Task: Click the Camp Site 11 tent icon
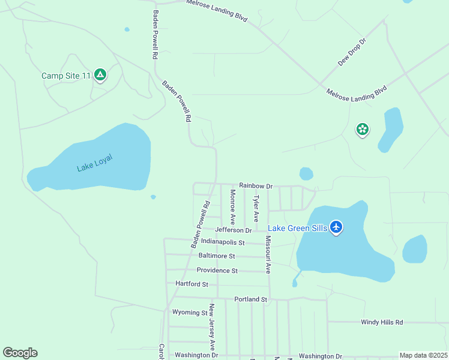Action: click(100, 75)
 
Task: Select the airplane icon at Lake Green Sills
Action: click(336, 227)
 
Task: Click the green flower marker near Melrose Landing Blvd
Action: click(362, 129)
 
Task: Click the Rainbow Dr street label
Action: click(256, 186)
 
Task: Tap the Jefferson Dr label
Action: click(234, 230)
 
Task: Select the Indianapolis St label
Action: click(223, 242)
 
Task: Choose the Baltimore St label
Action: click(217, 256)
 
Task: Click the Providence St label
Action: click(217, 271)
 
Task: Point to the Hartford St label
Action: click(191, 284)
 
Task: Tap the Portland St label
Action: click(250, 299)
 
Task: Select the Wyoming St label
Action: click(190, 313)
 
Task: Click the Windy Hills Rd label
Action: click(382, 322)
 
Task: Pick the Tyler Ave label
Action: click(256, 208)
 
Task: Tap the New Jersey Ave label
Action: click(211, 327)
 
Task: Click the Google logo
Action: click(20, 353)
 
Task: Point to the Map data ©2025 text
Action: click(423, 355)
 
